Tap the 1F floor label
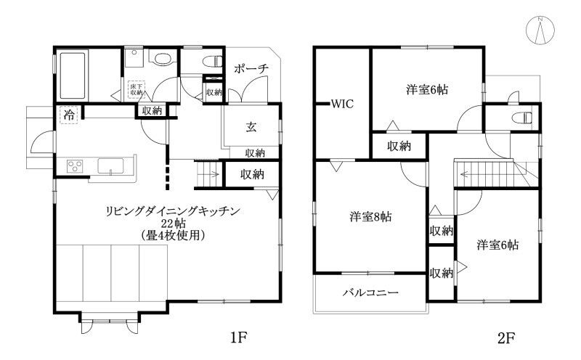tap(240, 337)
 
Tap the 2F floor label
tap(505, 337)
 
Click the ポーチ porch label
tap(251, 68)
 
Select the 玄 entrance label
tap(251, 128)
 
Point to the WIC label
tap(342, 104)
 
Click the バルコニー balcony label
tap(370, 292)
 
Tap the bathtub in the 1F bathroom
tap(71, 75)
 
